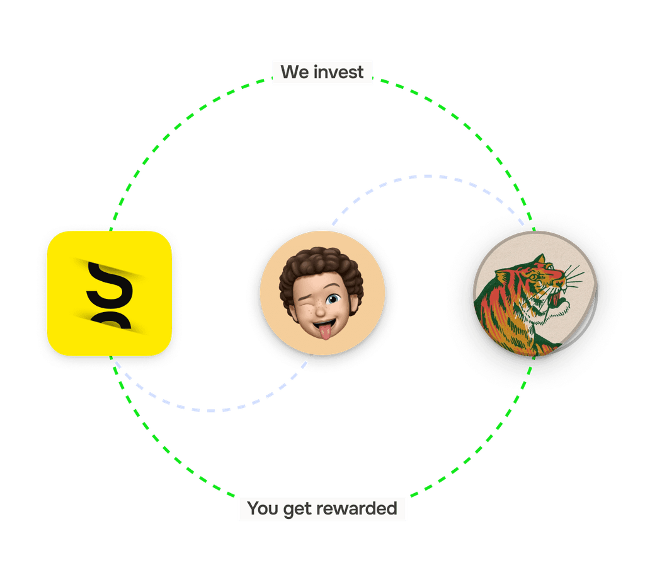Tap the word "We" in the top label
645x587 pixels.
pos(295,72)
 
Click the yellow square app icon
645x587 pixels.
pos(109,293)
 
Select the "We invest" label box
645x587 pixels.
pos(322,72)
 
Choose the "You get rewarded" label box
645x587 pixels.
pos(322,508)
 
